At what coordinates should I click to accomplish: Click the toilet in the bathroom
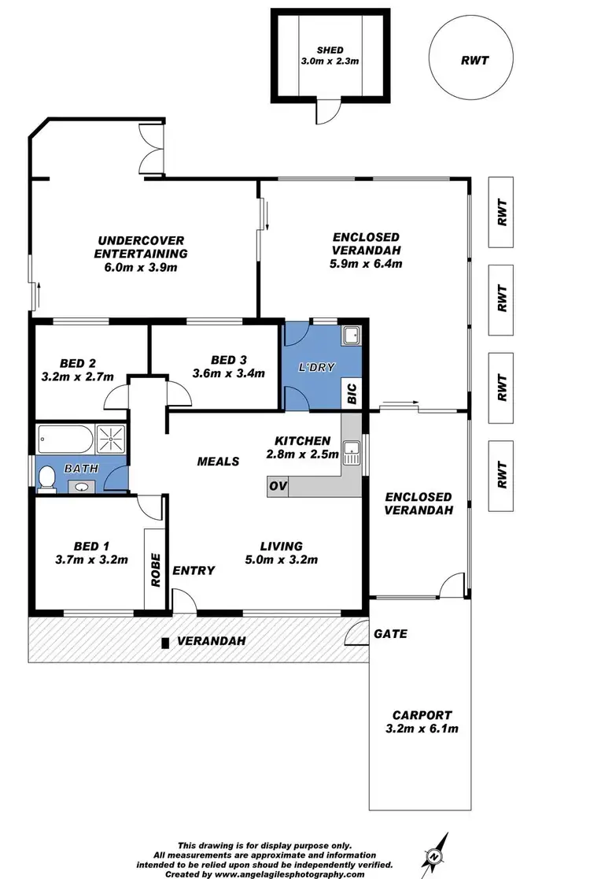[x=46, y=478]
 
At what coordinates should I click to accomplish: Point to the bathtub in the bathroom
[x=65, y=438]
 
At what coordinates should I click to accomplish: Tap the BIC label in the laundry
[x=352, y=392]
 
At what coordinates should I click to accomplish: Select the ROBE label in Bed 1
[x=156, y=567]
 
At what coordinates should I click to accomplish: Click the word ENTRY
[x=194, y=569]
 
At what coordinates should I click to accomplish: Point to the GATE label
[x=390, y=632]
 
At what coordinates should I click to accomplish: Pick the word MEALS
[x=218, y=461]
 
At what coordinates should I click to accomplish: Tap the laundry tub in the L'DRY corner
[x=351, y=336]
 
